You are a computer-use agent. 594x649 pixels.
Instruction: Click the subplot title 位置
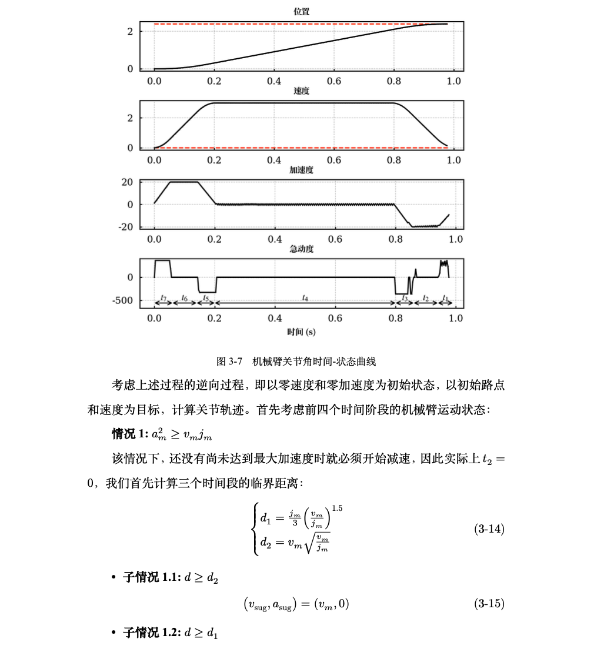click(x=302, y=11)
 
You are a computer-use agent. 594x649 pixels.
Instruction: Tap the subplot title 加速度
click(x=302, y=170)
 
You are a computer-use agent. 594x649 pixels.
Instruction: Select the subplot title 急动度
click(x=302, y=249)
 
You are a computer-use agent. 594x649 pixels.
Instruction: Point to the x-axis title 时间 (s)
click(x=301, y=332)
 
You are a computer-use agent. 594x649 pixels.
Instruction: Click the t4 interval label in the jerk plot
click(x=305, y=298)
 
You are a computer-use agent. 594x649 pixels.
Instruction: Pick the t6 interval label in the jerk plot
click(x=185, y=298)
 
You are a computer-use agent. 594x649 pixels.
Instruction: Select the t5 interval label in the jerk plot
click(x=206, y=298)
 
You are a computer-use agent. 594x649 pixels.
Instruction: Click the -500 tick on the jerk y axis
click(x=122, y=301)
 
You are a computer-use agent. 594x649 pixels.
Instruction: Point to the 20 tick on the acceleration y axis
click(x=127, y=182)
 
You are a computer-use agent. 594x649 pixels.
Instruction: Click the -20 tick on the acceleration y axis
click(x=125, y=227)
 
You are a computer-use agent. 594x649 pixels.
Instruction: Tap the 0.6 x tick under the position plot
click(x=334, y=81)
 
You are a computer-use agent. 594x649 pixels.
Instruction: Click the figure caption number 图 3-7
click(x=230, y=361)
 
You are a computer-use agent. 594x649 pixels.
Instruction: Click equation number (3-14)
click(x=489, y=529)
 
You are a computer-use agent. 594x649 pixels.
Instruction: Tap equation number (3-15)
click(x=489, y=603)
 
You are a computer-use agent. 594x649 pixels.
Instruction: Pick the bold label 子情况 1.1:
click(x=150, y=578)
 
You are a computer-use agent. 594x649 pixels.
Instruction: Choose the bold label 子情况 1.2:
click(x=150, y=633)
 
